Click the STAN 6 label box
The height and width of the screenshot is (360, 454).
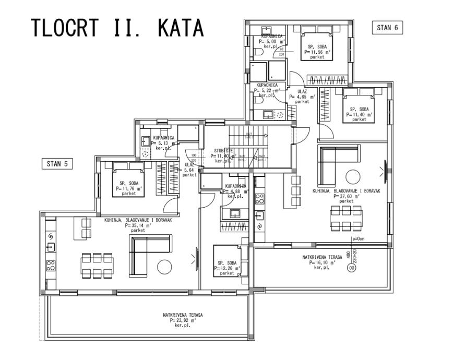click(387, 28)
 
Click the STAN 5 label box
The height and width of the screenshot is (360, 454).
click(57, 164)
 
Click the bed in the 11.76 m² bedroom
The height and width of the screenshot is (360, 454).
click(129, 180)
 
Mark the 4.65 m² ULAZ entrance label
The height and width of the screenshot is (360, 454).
click(302, 97)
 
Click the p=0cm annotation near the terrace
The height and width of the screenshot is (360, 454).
click(359, 239)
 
